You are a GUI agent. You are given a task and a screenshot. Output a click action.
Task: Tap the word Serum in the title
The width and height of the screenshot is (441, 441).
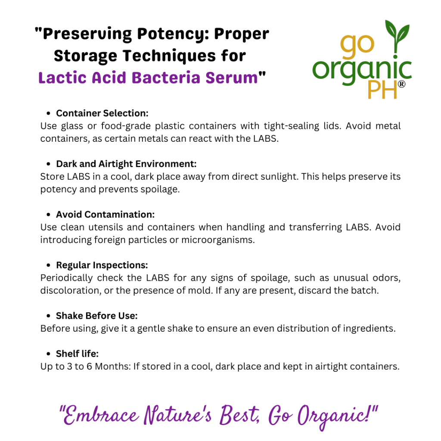click(x=231, y=78)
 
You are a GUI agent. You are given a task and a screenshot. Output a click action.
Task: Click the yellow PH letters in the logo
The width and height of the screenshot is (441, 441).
click(x=382, y=90)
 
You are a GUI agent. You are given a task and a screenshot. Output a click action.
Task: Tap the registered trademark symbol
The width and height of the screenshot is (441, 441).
click(x=402, y=84)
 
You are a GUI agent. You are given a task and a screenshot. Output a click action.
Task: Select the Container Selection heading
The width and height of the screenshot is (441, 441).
click(x=102, y=113)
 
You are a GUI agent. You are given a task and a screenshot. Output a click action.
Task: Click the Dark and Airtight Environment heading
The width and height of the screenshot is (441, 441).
click(x=126, y=164)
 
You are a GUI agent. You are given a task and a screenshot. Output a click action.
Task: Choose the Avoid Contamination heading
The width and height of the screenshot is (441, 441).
click(x=105, y=214)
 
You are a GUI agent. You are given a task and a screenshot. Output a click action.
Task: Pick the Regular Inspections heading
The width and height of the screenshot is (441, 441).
click(x=102, y=265)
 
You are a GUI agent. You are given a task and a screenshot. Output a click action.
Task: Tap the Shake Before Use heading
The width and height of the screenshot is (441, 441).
click(x=97, y=316)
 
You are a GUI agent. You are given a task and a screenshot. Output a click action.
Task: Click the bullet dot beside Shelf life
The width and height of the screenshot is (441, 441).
click(x=48, y=354)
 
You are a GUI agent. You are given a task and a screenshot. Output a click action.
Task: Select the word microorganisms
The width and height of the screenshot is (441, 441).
click(x=218, y=240)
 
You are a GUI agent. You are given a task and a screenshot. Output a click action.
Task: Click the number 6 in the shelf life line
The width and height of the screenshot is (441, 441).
click(x=89, y=366)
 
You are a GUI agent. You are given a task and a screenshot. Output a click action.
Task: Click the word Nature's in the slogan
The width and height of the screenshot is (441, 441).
click(x=177, y=415)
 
